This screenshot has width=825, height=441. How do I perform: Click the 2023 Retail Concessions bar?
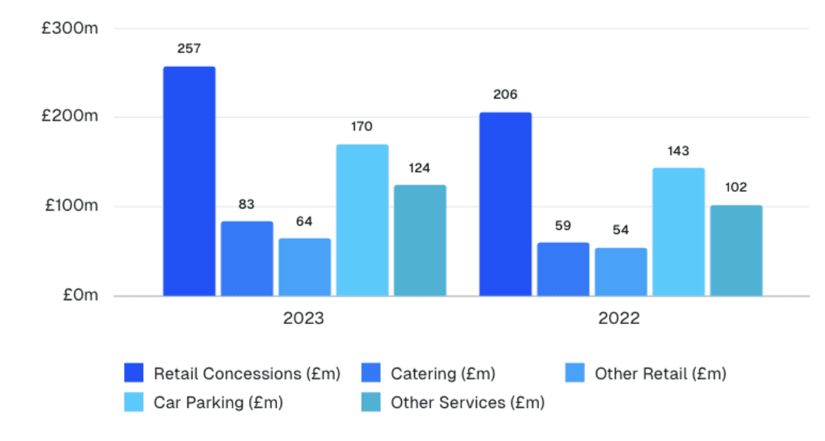[189, 181]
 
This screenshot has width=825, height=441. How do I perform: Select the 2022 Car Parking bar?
[678, 232]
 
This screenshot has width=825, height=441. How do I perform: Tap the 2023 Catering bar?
[247, 259]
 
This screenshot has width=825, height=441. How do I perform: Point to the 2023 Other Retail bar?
[305, 267]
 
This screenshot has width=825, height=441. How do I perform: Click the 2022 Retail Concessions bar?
[506, 204]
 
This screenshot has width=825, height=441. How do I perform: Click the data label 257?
[189, 49]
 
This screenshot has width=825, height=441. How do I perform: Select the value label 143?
[678, 151]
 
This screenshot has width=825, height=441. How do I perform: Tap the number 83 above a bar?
[247, 204]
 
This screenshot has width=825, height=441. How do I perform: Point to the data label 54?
[621, 230]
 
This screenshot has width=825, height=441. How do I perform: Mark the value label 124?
[420, 168]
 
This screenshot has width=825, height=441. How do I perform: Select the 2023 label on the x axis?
[304, 318]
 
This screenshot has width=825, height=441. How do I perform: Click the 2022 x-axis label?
[620, 318]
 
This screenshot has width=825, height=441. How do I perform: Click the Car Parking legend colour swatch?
[134, 402]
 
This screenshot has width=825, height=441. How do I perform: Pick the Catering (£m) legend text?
[443, 373]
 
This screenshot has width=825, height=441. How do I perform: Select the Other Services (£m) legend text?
[468, 402]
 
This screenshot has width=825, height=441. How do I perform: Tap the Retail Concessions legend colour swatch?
[134, 373]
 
